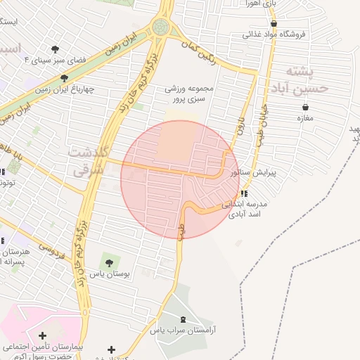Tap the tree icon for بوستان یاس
click(x=108, y=262)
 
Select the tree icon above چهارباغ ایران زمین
click(x=65, y=78)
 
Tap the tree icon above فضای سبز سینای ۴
click(x=56, y=49)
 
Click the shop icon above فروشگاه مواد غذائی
click(x=274, y=24)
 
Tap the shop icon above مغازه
click(x=306, y=107)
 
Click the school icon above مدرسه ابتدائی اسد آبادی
click(x=243, y=193)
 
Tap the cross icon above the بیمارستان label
click(x=43, y=336)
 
